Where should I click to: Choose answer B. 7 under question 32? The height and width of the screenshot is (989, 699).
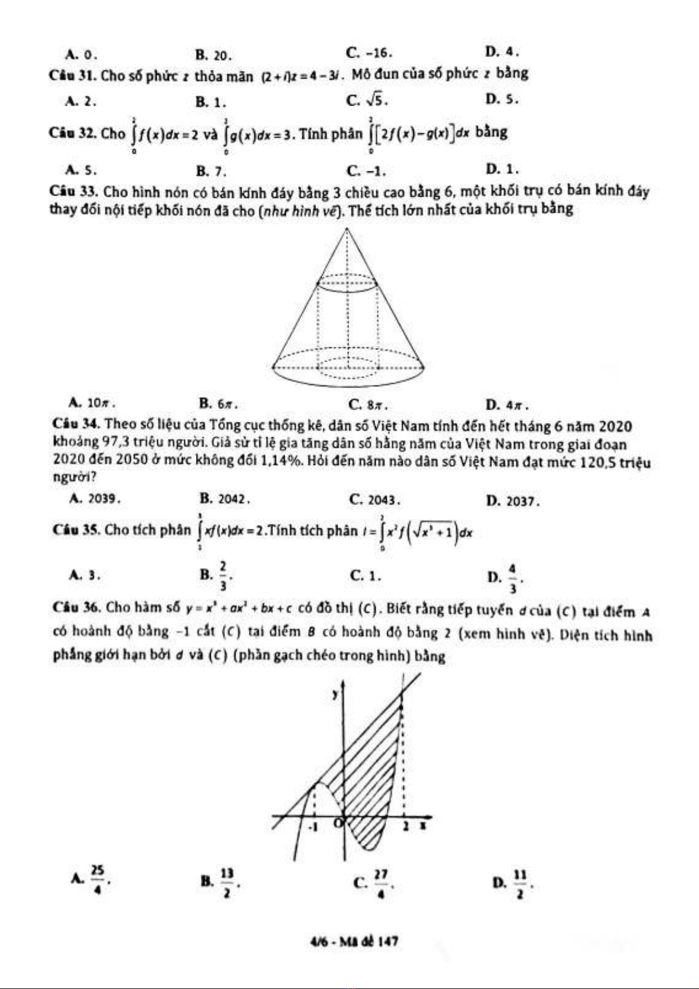click(211, 171)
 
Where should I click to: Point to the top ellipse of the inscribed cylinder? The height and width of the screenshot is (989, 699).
click(348, 284)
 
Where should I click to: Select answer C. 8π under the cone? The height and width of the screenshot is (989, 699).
click(368, 404)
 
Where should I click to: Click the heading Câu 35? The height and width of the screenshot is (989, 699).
click(75, 530)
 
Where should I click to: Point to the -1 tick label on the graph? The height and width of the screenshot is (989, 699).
click(313, 827)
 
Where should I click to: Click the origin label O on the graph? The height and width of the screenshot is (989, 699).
click(337, 823)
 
